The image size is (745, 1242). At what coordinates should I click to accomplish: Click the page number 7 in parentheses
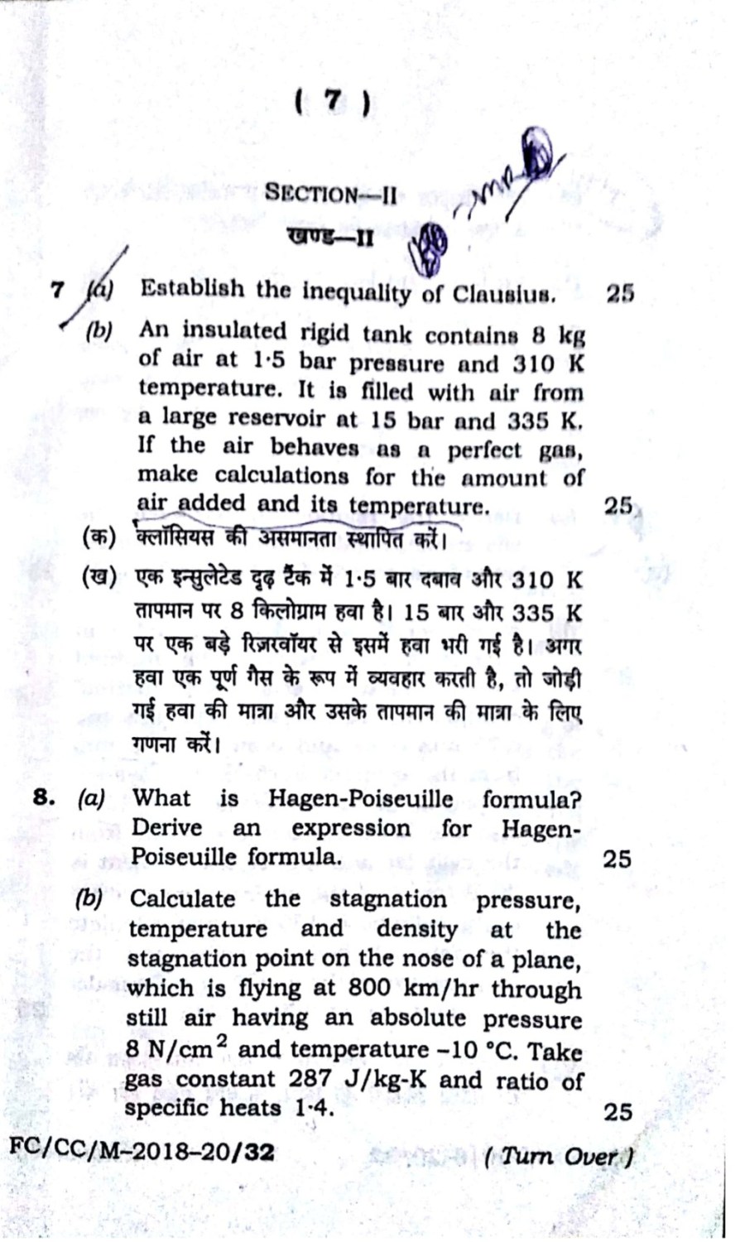coord(331,102)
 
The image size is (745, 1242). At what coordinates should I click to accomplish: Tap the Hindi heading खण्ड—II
coord(329,238)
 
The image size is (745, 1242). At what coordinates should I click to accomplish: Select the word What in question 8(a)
coord(161,798)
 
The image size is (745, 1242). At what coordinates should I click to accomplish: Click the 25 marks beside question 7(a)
coord(619,293)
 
